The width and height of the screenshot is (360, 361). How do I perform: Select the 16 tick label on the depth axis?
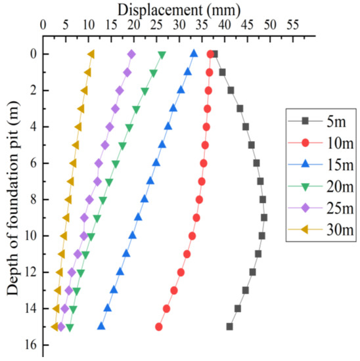click(x=30, y=345)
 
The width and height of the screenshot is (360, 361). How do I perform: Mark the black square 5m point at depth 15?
click(x=229, y=326)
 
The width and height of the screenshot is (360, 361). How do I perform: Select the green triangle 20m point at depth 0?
click(x=162, y=54)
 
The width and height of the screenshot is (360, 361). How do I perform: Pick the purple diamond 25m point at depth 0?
click(x=131, y=54)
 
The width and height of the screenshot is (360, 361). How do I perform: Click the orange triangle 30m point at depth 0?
click(x=91, y=54)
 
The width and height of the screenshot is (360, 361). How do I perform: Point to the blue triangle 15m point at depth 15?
click(x=101, y=326)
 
